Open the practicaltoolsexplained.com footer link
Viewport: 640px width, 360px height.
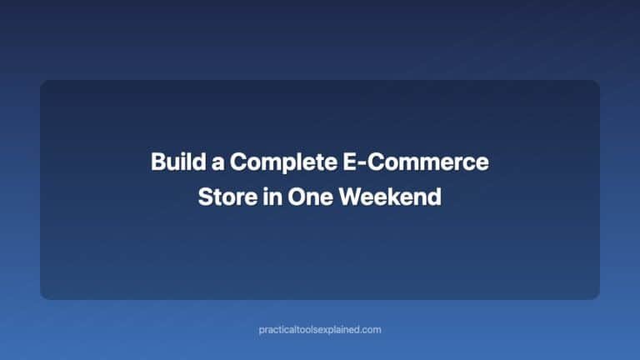point(320,330)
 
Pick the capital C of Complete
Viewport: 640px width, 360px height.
point(237,162)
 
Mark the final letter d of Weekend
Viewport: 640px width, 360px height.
point(435,198)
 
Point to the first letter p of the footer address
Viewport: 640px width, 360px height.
point(262,331)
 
